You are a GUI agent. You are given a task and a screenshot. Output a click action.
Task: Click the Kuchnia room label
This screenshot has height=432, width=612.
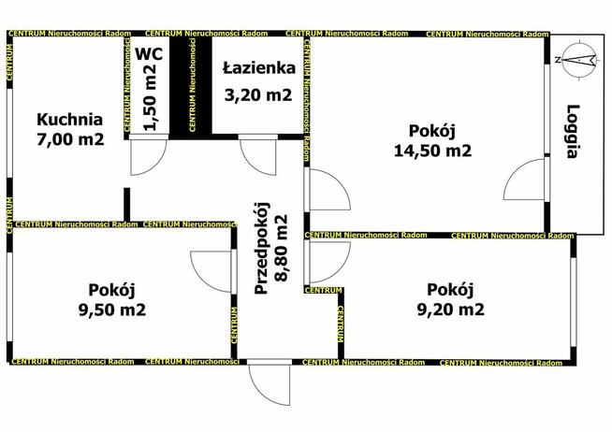[x=68, y=120]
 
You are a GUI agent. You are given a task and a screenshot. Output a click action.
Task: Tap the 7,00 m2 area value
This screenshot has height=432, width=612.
[x=68, y=140]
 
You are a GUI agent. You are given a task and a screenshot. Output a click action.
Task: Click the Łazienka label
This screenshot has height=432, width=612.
[x=259, y=68]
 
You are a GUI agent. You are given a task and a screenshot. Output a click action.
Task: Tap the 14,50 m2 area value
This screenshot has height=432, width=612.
[x=430, y=151]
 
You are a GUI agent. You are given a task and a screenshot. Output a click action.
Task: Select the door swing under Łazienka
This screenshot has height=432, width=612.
[x=258, y=158]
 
